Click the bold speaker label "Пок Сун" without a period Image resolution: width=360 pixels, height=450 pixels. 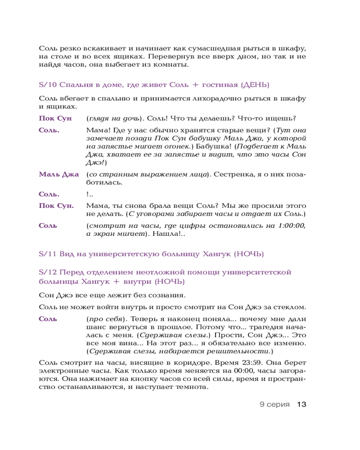55,118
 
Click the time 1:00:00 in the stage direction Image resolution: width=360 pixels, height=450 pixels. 291,225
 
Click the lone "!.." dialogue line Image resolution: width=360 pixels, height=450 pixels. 90,194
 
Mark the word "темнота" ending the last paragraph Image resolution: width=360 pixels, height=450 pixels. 191,388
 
